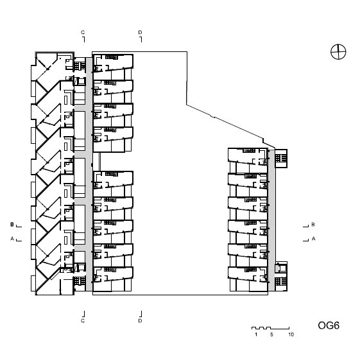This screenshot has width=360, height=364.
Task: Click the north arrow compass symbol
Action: [x=338, y=52]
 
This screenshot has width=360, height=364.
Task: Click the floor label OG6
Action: [x=329, y=325]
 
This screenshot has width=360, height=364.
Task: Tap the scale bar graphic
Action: [x=270, y=328]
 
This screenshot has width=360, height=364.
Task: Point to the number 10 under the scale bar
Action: [x=291, y=334]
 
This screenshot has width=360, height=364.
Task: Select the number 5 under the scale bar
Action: [x=271, y=334]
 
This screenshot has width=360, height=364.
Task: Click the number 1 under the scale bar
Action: [x=256, y=334]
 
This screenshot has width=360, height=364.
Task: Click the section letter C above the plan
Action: [x=83, y=32]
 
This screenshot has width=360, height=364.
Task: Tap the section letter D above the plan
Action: [x=140, y=32]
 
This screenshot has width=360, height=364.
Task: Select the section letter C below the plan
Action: [x=83, y=320]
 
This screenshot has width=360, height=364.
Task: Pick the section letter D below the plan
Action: [x=140, y=320]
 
